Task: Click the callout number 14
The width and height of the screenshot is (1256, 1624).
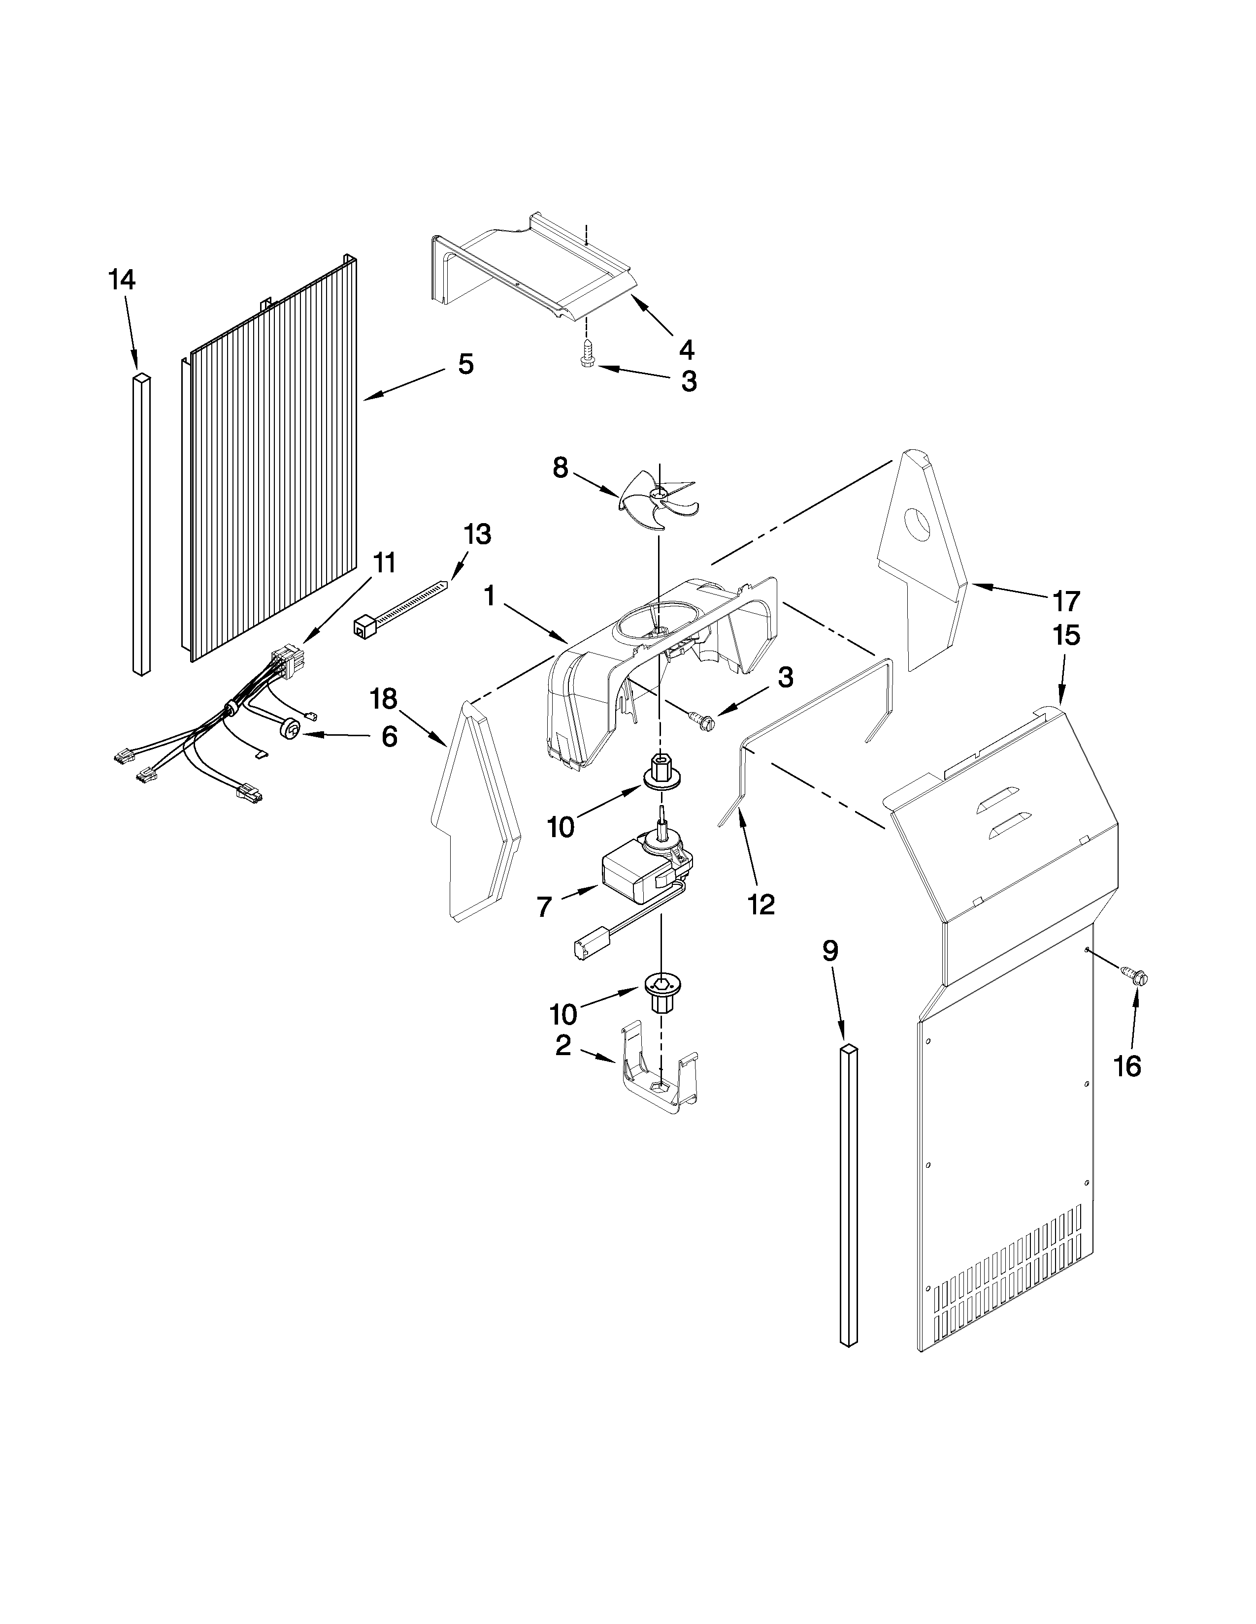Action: pyautogui.click(x=122, y=281)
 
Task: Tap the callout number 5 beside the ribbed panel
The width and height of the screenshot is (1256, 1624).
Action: pyautogui.click(x=465, y=364)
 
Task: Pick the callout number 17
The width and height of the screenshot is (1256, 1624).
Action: pyautogui.click(x=1066, y=600)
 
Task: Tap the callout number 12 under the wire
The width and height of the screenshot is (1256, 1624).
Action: pyautogui.click(x=762, y=904)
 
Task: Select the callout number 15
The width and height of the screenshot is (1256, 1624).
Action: pyautogui.click(x=1066, y=636)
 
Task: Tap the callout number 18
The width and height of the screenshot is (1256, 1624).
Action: pyautogui.click(x=384, y=699)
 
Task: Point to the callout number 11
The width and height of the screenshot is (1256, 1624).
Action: pyautogui.click(x=384, y=563)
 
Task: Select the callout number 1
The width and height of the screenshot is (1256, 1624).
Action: pyautogui.click(x=489, y=595)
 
